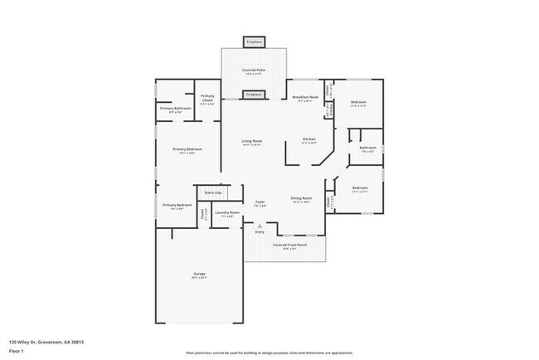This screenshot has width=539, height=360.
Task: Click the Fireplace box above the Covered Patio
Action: [x=254, y=41]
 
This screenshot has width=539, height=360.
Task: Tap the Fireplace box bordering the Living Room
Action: [x=254, y=95]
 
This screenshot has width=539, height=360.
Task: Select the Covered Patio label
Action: [x=254, y=71]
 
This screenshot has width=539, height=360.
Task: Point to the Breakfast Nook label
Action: [x=306, y=98]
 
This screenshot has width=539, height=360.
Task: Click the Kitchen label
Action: [x=309, y=139]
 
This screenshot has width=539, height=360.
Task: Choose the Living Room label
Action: [x=252, y=142]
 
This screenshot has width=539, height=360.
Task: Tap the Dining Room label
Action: [x=301, y=198]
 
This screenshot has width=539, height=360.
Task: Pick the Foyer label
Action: [x=260, y=202]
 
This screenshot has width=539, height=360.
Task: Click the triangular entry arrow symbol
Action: [x=260, y=226]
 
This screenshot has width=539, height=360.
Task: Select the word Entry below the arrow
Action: [x=260, y=232]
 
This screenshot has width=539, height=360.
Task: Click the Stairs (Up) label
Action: [x=213, y=192]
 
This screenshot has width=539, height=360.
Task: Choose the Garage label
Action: [x=200, y=274]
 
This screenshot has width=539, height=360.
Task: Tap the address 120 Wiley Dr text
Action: [x=46, y=341]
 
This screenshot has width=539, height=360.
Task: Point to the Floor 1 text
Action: [x=16, y=352]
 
